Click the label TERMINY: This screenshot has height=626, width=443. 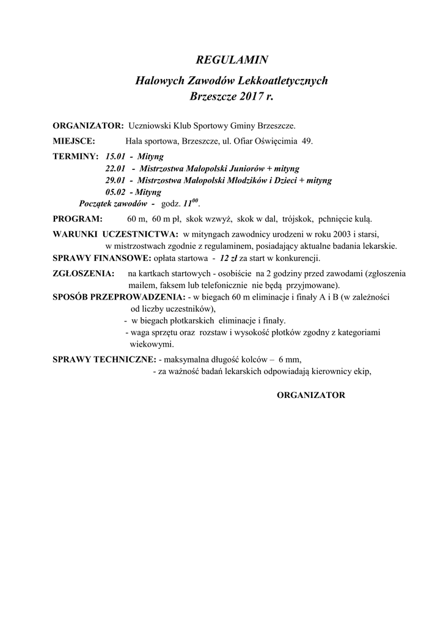click(x=76, y=156)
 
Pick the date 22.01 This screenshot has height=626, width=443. click(x=115, y=168)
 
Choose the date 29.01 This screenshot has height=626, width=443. click(x=115, y=180)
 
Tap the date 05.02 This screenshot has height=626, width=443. click(x=115, y=192)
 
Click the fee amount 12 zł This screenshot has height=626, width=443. click(x=230, y=258)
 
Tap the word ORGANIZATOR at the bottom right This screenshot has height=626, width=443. click(x=311, y=395)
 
